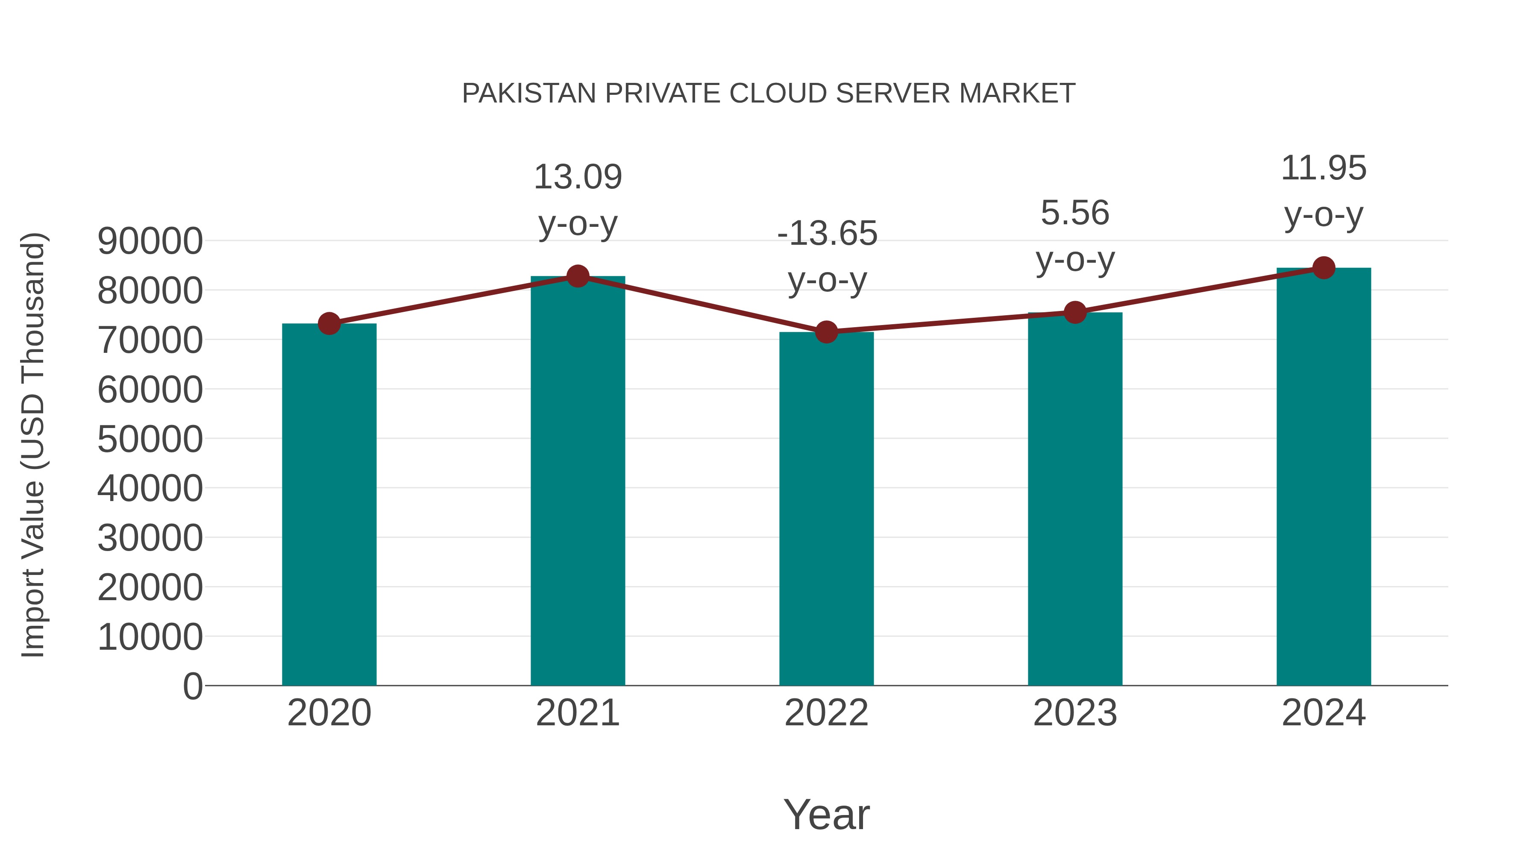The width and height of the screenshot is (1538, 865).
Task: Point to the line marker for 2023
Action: tap(1075, 312)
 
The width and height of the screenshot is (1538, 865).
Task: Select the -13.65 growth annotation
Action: tap(827, 233)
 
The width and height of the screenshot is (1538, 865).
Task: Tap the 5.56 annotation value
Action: tap(1075, 213)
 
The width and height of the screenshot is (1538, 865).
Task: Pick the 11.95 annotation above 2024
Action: tap(1324, 168)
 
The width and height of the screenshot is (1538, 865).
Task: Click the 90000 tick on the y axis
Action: tap(150, 242)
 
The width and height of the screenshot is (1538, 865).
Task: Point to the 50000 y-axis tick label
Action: tap(150, 440)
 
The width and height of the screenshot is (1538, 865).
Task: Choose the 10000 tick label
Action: tap(150, 637)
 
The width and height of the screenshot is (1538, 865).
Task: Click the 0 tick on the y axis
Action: tap(192, 686)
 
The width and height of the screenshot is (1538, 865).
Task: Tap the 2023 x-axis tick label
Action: tap(1075, 713)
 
